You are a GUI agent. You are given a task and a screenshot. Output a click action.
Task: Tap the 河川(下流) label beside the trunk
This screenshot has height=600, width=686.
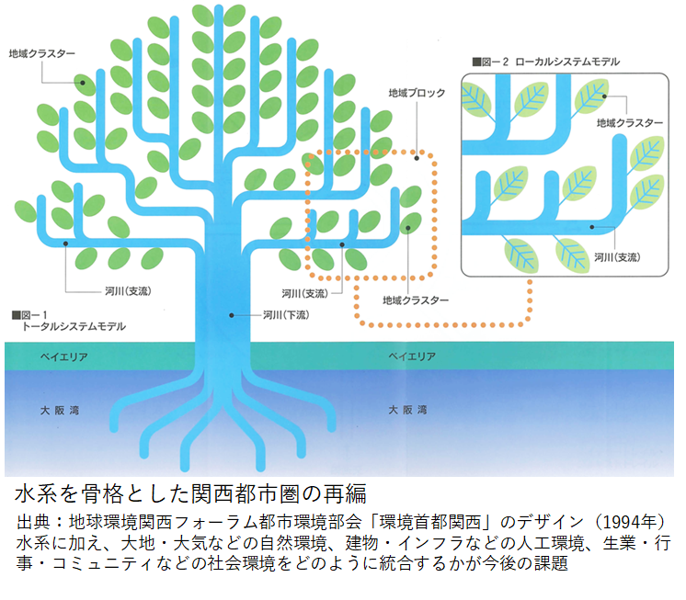coord(284,315)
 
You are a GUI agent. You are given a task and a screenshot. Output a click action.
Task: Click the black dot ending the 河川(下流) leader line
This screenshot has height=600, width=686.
coord(232,315)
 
